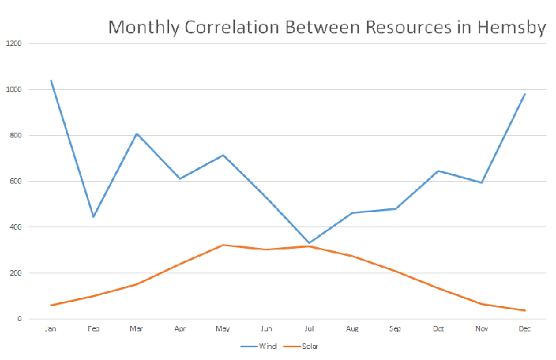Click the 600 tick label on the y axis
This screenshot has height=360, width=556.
(17, 181)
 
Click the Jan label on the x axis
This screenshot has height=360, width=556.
(50, 328)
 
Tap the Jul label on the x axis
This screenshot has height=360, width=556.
(311, 328)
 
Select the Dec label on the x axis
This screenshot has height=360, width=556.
(524, 328)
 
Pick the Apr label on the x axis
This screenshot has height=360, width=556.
(180, 328)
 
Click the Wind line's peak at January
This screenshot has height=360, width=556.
(51, 80)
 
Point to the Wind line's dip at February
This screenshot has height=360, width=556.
(94, 217)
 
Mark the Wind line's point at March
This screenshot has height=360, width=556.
(137, 134)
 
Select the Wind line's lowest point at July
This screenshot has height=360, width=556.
(311, 243)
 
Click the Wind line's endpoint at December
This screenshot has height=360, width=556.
(524, 94)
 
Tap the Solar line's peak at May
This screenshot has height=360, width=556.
(224, 245)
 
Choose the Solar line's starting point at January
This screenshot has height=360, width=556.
(51, 305)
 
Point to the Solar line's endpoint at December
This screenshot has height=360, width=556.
(524, 310)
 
